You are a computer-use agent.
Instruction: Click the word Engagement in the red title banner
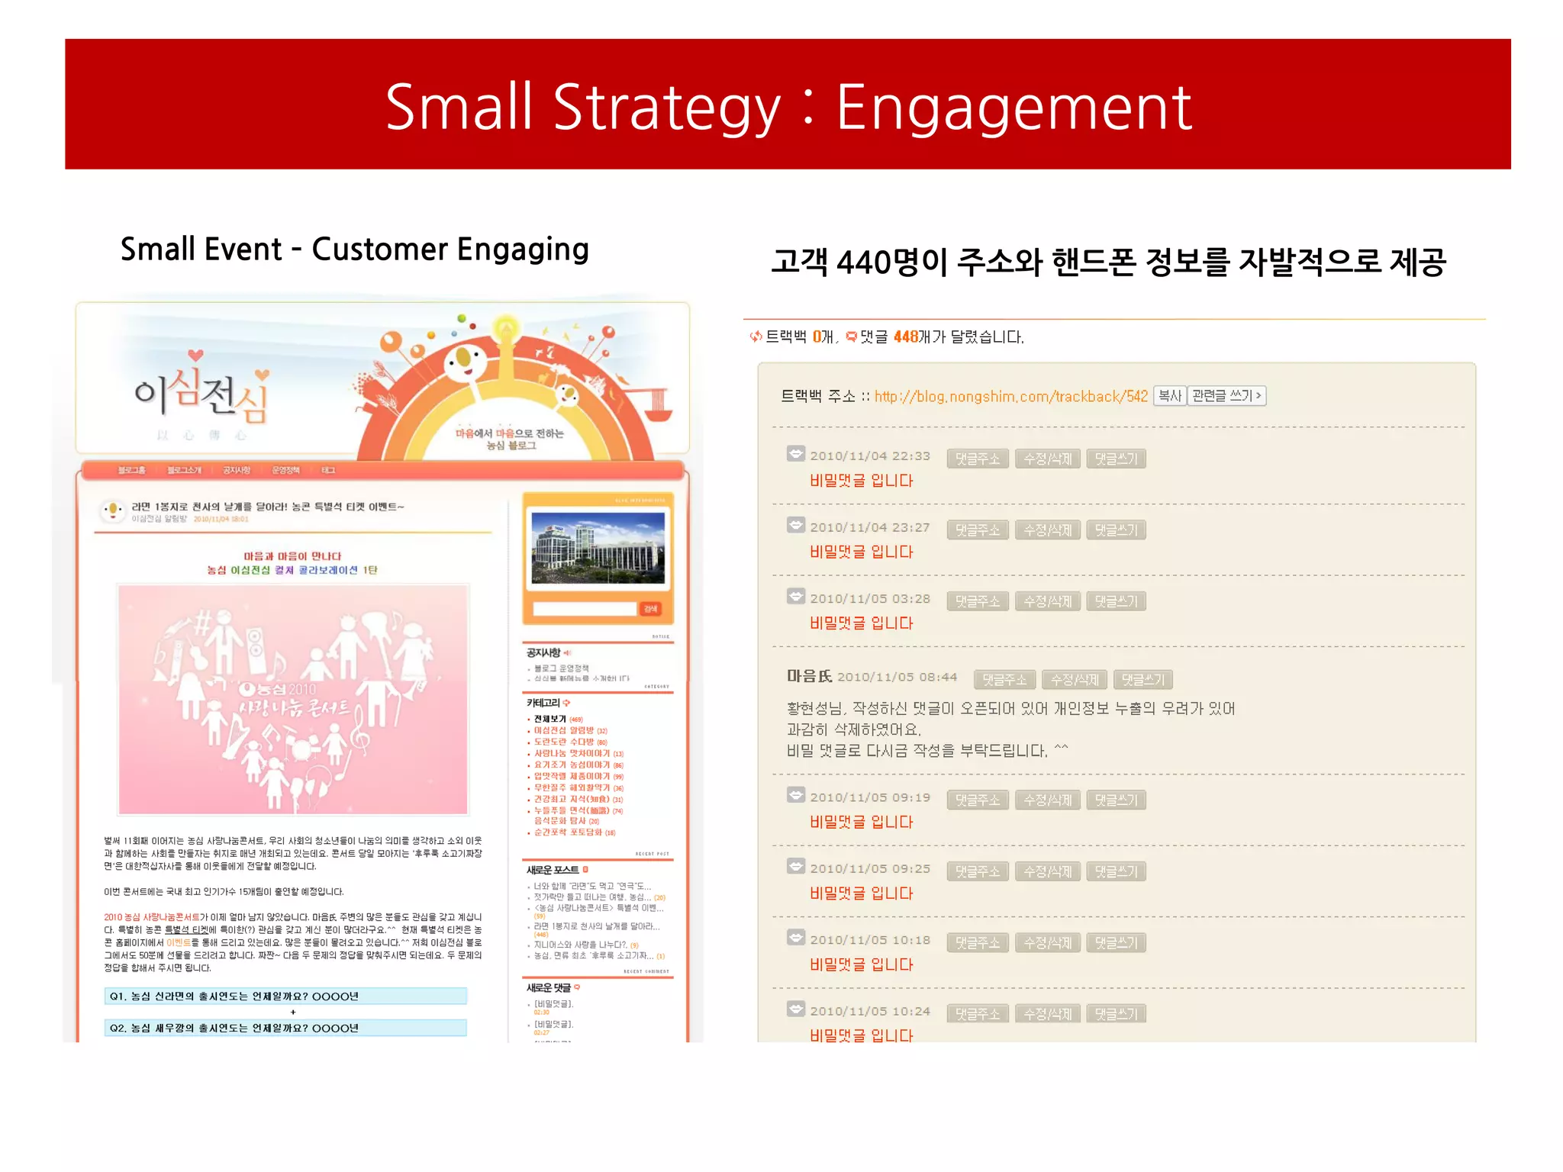1013,108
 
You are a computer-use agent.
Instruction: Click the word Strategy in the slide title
666,108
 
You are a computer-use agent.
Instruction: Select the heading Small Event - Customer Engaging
354,250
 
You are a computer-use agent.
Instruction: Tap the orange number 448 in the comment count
905,336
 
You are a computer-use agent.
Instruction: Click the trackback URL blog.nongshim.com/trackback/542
1010,396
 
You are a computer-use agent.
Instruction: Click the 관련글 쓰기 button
1226,396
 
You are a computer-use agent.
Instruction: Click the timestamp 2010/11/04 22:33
869,456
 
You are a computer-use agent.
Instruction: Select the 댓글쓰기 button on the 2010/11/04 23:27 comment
1115,530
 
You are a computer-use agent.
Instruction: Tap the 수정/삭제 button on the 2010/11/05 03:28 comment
1047,601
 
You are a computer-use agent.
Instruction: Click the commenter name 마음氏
809,677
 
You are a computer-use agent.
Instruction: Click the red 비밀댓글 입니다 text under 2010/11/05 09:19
861,822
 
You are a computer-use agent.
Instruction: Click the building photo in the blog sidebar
597,548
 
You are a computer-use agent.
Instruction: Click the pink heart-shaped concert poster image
293,699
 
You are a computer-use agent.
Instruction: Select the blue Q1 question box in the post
285,996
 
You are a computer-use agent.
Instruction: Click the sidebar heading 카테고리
543,703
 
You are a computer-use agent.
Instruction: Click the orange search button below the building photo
650,609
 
